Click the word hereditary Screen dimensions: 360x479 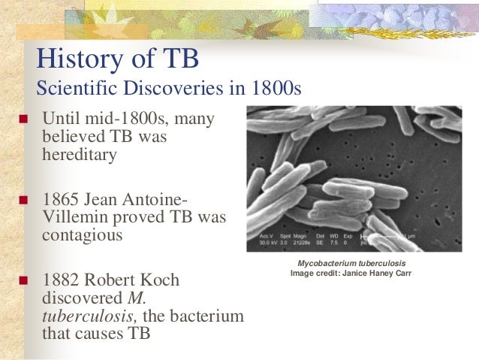[x=80, y=156]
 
